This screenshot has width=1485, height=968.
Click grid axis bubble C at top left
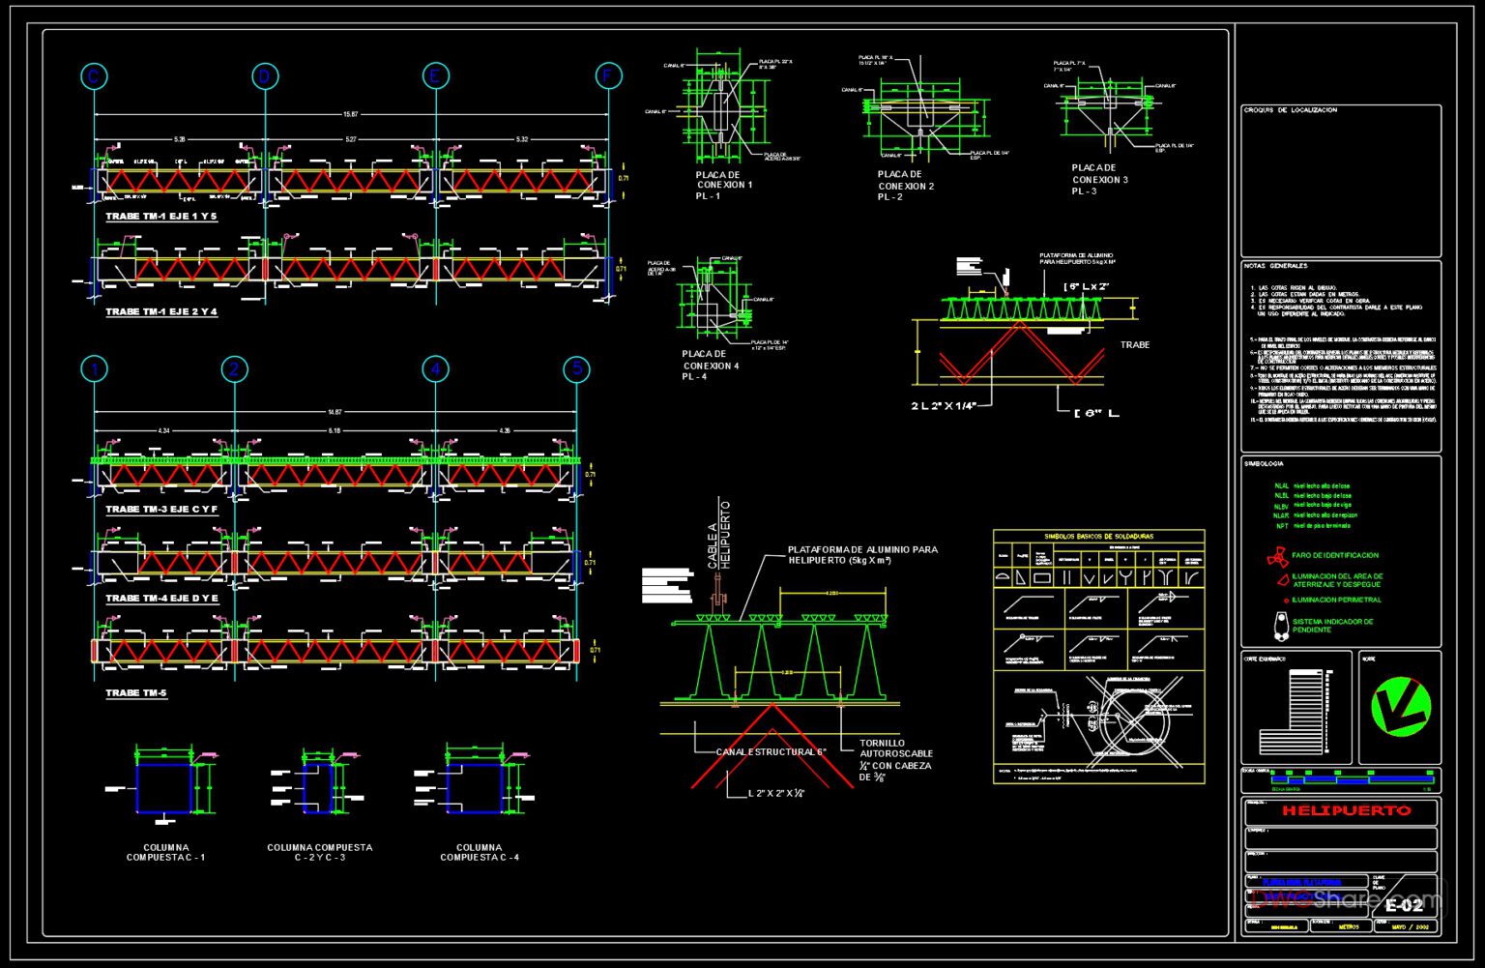point(94,76)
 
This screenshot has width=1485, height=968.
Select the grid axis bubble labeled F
point(608,76)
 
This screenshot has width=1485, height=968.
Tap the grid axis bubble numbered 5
point(577,368)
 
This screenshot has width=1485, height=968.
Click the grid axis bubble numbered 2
point(234,368)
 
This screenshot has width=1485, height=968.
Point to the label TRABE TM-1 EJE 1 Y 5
point(161,217)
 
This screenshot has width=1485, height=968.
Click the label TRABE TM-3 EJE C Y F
point(161,509)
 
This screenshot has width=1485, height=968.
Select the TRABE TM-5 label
point(136,693)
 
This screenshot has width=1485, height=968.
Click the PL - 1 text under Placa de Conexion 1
point(708,196)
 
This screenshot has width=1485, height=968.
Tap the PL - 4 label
point(694,377)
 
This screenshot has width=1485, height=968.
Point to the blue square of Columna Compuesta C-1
point(164,787)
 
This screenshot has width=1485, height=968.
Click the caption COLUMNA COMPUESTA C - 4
point(480,852)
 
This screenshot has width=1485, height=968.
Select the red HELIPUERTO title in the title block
point(1346,810)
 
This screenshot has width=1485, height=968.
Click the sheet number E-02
point(1404,905)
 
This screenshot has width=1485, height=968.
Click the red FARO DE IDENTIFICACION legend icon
point(1277,557)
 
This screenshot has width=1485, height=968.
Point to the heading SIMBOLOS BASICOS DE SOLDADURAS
point(1099,536)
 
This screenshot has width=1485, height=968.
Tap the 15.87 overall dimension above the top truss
point(350,115)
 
